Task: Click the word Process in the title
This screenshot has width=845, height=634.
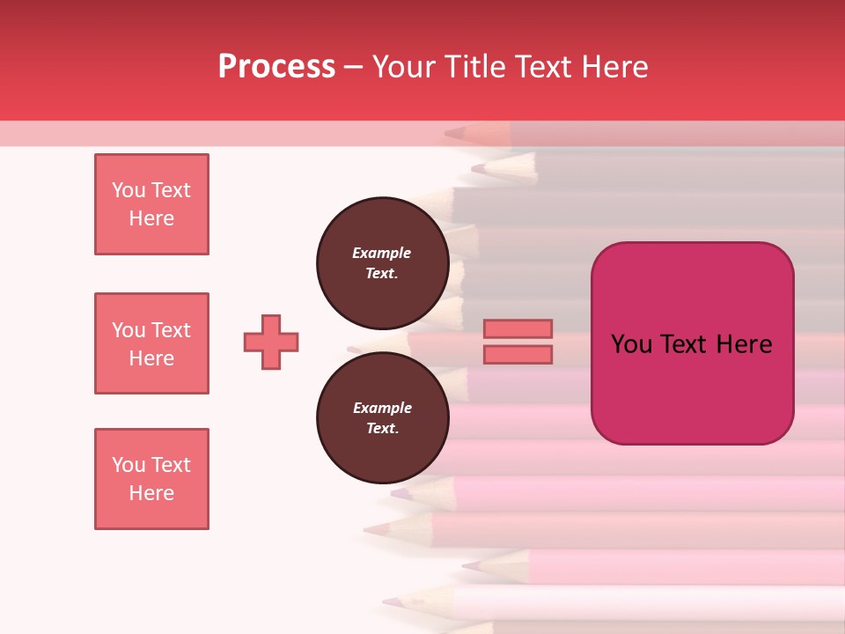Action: pos(276,67)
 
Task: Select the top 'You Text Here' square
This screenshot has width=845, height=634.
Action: pos(151,204)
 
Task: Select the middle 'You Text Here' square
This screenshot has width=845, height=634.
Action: pos(151,343)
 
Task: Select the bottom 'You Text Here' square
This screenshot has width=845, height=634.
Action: pos(151,479)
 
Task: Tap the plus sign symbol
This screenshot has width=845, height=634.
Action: pos(271,342)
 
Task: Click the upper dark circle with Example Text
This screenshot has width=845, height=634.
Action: pos(382,263)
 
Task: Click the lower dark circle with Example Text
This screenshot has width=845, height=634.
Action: pos(382,418)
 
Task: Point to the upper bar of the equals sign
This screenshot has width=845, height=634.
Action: pos(518,328)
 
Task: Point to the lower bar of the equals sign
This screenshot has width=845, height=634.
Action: pos(518,354)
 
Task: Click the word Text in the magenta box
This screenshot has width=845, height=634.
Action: pos(683,344)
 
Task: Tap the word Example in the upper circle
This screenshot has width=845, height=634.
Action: pos(382,253)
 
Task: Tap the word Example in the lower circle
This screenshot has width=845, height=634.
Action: pos(382,408)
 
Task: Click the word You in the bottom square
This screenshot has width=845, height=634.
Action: pos(129,465)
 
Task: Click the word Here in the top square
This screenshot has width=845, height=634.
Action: pos(151,218)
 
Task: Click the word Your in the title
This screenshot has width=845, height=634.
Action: pos(405,67)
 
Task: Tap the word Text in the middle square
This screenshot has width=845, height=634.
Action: pos(171,330)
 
